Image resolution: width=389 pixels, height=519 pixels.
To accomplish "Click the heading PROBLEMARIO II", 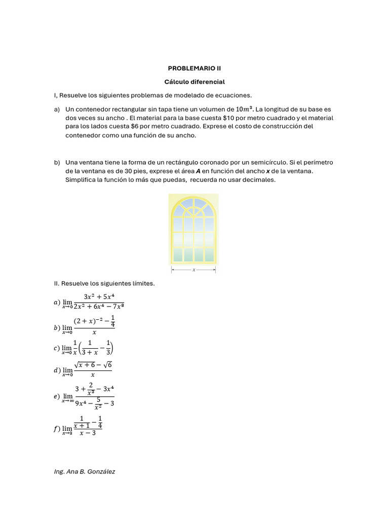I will coord(194,68).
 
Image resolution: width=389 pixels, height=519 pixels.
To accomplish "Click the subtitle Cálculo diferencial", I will coord(194,82).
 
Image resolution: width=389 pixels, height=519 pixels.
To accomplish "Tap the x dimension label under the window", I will coord(194,271).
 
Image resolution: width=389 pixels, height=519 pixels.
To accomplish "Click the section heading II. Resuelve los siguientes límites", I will coord(104,284).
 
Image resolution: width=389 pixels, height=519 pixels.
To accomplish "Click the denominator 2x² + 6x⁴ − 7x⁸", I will coord(98,306).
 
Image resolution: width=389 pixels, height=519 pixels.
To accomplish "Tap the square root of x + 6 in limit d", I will coord(85,365).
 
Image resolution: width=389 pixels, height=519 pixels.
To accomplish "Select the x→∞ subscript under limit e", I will coord(68,401).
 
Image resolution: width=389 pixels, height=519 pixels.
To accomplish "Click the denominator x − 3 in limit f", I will coord(88,433).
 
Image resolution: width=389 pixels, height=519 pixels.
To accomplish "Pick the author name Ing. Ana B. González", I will coord(85,472).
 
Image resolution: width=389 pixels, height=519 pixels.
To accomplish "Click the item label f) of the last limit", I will coord(56,429).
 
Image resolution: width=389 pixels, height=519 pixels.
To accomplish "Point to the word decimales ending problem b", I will coord(259,180).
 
